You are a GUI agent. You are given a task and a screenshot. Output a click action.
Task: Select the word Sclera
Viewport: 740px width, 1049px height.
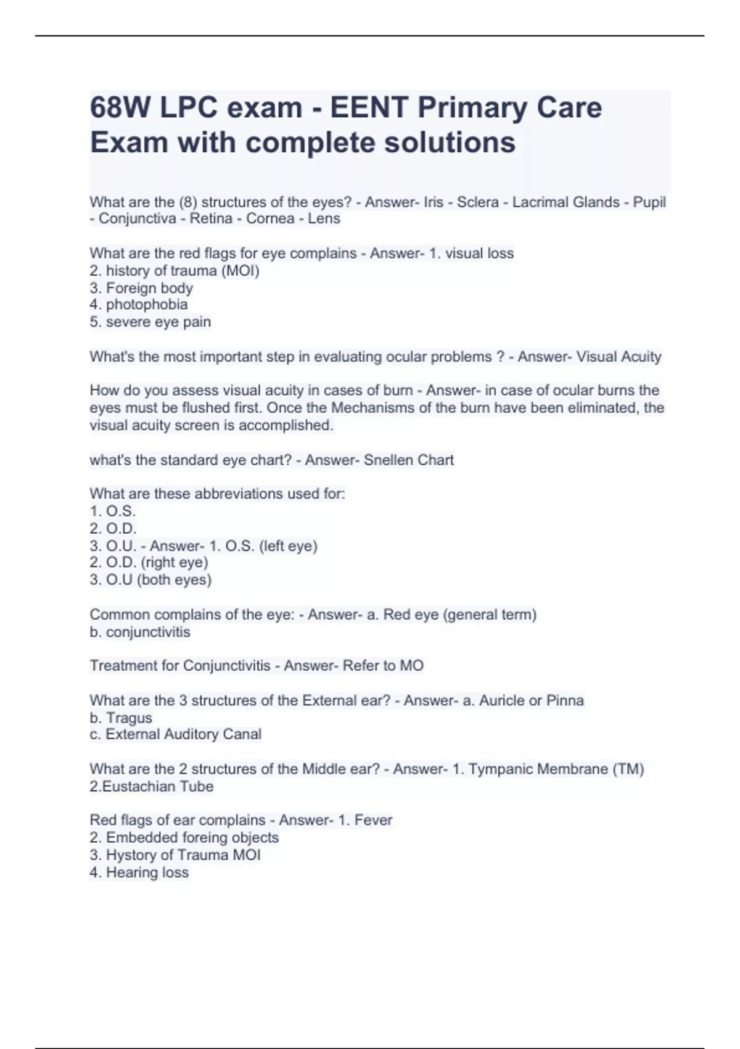tap(477, 202)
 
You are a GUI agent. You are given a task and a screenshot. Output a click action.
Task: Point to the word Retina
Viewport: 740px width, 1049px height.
tap(211, 218)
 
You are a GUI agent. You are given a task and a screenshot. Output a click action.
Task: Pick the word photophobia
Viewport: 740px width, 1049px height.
tap(147, 304)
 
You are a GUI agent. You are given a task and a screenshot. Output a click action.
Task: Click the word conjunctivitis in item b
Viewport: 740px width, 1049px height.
tap(148, 632)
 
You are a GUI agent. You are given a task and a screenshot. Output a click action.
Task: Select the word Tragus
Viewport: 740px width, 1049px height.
tap(129, 718)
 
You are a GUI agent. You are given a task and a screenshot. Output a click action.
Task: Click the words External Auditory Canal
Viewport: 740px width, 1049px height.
tap(183, 734)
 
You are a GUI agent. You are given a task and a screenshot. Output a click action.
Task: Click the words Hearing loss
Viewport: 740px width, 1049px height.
tap(147, 873)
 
